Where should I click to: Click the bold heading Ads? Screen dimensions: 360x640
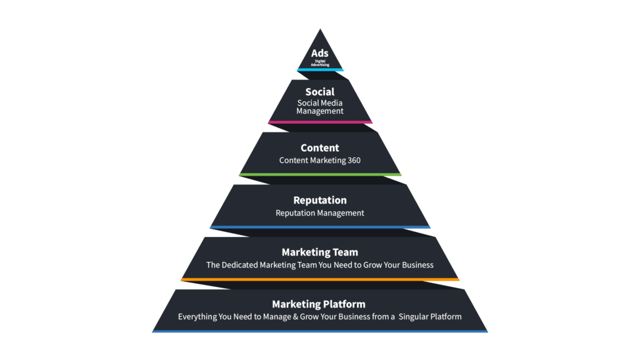(320, 54)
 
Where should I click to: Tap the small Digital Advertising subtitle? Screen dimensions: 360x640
(320, 63)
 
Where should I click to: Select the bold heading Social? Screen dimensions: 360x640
(320, 92)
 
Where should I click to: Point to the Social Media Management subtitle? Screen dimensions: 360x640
(320, 107)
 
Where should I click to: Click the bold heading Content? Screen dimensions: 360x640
(320, 148)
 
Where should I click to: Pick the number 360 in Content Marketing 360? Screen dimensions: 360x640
(353, 160)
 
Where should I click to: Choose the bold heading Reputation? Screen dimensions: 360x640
(320, 200)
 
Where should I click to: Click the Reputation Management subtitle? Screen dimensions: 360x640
(320, 212)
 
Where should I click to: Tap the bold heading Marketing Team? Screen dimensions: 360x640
(320, 252)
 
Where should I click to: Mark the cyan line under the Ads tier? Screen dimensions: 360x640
(320, 69)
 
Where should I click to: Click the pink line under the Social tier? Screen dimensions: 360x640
(320, 122)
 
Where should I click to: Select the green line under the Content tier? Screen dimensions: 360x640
(320, 174)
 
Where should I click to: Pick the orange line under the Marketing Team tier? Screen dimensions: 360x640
(320, 279)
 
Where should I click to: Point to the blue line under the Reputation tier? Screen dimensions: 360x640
(320, 227)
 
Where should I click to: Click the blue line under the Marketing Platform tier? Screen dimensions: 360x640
(320, 331)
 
